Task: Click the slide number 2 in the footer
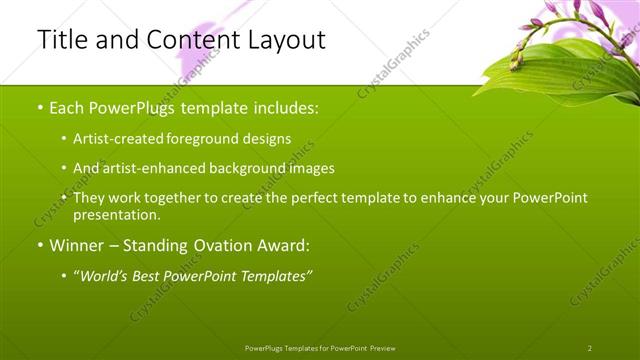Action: click(x=590, y=348)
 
